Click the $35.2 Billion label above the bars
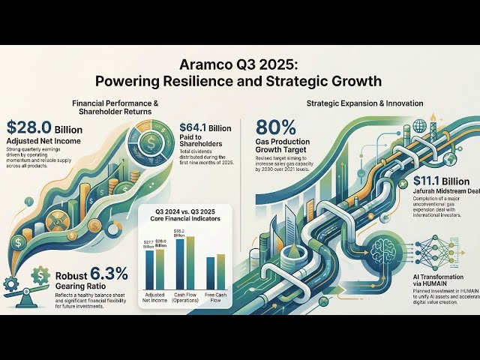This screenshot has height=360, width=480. (x=179, y=232)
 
